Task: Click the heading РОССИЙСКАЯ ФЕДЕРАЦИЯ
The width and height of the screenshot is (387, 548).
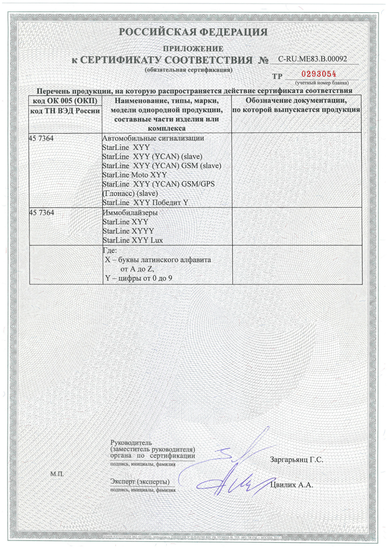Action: [x=193, y=32]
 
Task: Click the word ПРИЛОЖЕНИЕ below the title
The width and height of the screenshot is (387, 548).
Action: [x=193, y=49]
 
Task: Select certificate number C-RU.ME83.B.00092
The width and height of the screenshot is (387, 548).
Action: [x=312, y=59]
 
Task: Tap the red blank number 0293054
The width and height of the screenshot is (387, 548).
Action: [x=319, y=74]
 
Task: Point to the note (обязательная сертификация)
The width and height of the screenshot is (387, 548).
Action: [x=189, y=70]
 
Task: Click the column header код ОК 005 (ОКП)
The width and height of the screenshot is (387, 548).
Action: [x=65, y=101]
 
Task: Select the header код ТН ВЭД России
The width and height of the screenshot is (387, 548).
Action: [x=65, y=111]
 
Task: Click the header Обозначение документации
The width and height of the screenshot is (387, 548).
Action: [x=296, y=101]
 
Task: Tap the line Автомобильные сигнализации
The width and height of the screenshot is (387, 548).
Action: [x=153, y=138]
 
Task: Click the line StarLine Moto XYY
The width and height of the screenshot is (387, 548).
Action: [x=135, y=175]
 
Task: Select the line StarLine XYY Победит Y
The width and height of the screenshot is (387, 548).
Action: [x=145, y=202]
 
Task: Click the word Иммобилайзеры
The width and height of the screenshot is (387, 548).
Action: [x=130, y=213]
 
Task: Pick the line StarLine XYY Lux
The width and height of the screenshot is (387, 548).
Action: [x=133, y=240]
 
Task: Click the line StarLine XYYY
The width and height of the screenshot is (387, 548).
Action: [x=128, y=231]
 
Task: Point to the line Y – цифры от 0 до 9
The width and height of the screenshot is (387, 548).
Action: [x=139, y=278]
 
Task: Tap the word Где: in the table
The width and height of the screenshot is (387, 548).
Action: [x=110, y=250]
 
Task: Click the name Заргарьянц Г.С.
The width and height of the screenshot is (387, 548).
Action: [x=296, y=460]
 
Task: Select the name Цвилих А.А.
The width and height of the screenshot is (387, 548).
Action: [x=291, y=485]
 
